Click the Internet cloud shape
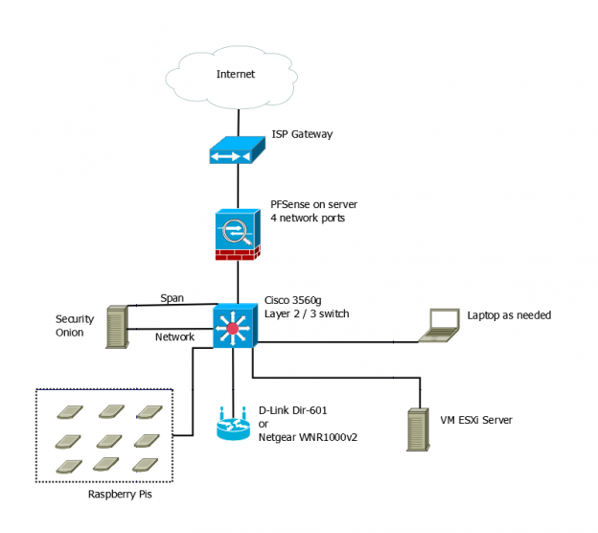click(236, 74)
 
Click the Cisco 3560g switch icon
click(233, 329)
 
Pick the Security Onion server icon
click(115, 326)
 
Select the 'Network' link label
click(174, 336)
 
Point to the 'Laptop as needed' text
click(509, 314)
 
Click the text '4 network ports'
click(309, 219)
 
